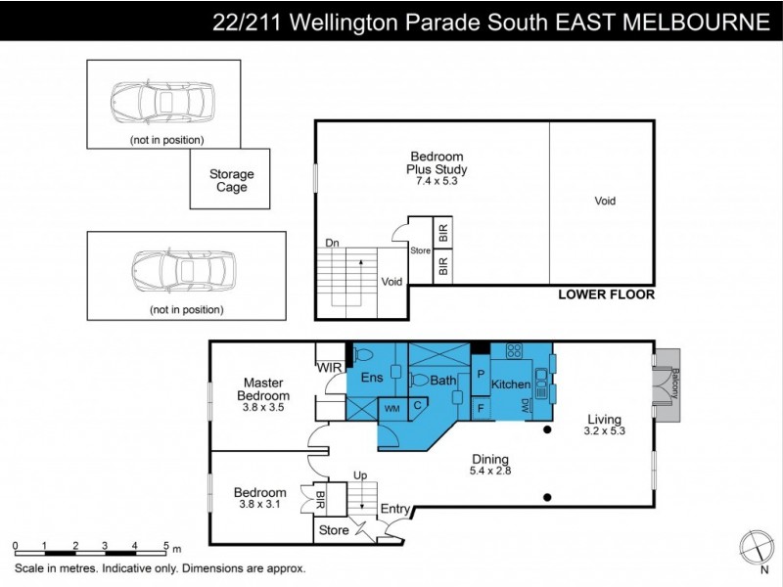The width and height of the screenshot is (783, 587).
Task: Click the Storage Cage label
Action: click(231, 181)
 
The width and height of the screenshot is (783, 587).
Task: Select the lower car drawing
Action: click(186, 271)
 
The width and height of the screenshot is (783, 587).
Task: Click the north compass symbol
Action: click(755, 545)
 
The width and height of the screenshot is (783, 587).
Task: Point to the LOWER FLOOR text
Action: click(606, 294)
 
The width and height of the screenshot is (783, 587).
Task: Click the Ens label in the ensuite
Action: click(371, 377)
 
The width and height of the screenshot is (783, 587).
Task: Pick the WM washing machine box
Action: click(391, 408)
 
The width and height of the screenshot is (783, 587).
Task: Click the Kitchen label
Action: click(510, 384)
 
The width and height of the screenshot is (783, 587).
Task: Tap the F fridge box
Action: click(481, 407)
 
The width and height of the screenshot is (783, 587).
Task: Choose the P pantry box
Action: click(481, 374)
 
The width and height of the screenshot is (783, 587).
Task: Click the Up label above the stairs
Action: click(359, 475)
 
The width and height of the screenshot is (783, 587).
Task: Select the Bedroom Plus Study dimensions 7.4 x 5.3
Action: click(436, 181)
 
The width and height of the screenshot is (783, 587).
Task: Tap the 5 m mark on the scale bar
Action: click(166, 546)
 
